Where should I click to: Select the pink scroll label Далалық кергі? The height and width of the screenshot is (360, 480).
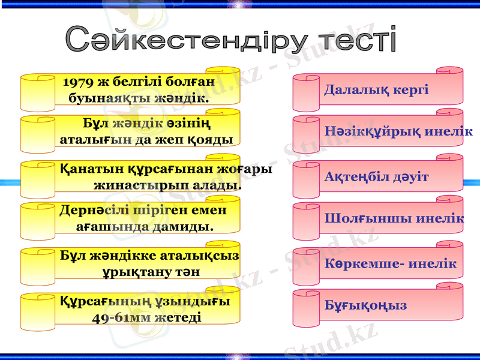(376, 90)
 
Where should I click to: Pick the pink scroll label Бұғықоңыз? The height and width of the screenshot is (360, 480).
(365, 305)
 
